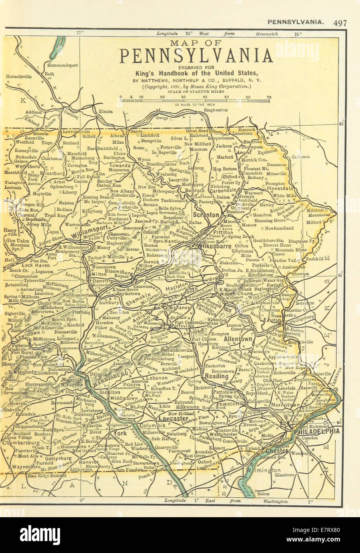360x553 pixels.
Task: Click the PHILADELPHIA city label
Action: [x=317, y=431]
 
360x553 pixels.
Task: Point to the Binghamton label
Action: [x=215, y=109]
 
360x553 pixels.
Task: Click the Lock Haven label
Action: [x=24, y=264]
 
